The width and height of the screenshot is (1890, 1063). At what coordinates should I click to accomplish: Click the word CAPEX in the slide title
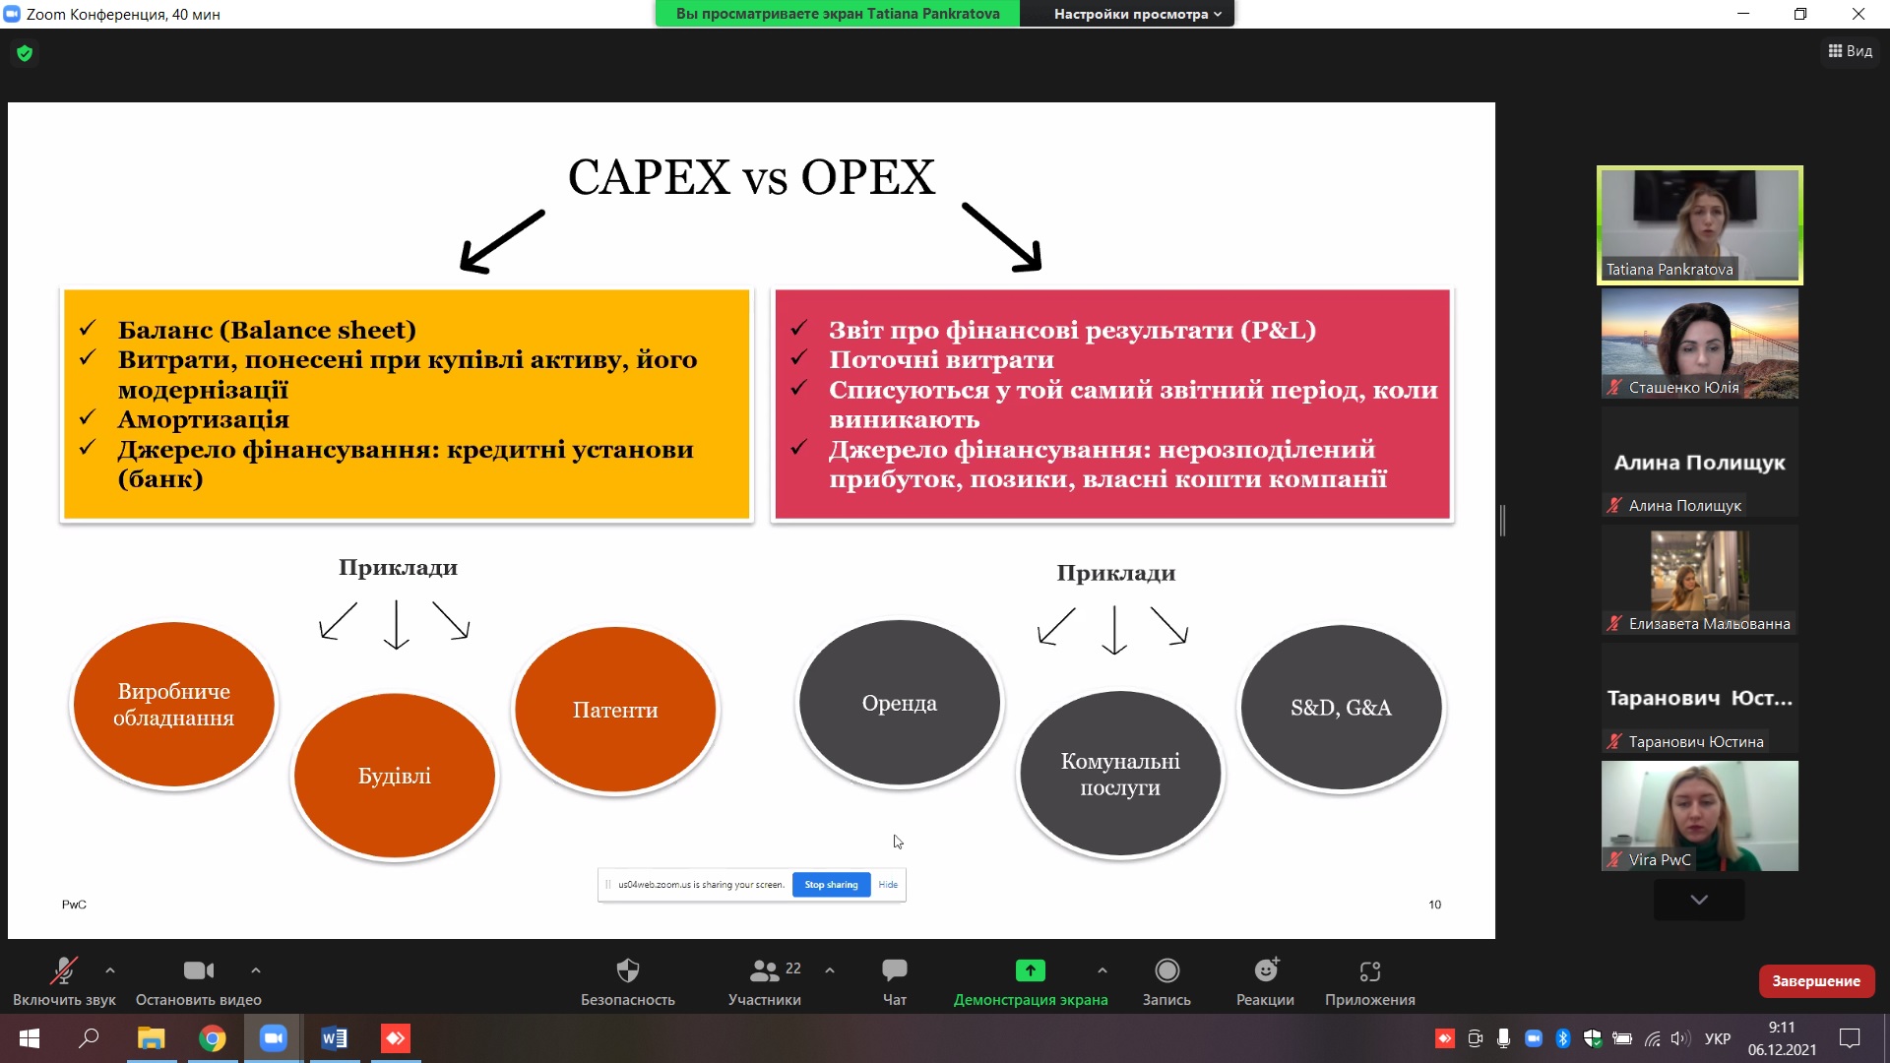pyautogui.click(x=649, y=177)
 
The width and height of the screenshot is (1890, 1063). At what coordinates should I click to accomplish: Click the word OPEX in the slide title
pyautogui.click(x=867, y=177)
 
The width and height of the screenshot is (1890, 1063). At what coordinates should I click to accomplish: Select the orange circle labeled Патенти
pyautogui.click(x=615, y=710)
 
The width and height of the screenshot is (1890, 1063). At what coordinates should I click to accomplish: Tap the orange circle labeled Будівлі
pyautogui.click(x=395, y=776)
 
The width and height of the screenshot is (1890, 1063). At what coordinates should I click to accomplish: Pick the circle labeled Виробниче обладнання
pyautogui.click(x=174, y=705)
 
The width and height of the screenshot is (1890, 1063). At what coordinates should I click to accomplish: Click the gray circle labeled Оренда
pyautogui.click(x=900, y=703)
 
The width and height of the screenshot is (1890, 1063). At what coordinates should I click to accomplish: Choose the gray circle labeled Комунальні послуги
pyautogui.click(x=1120, y=774)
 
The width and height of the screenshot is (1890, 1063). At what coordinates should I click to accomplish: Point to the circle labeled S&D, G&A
pyautogui.click(x=1341, y=708)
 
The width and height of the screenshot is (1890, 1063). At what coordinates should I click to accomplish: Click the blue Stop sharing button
pyautogui.click(x=831, y=885)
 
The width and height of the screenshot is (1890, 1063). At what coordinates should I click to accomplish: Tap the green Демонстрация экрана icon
pyautogui.click(x=1030, y=970)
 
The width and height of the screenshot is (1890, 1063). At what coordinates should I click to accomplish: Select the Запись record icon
pyautogui.click(x=1166, y=970)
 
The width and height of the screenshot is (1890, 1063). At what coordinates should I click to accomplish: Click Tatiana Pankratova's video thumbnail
pyautogui.click(x=1700, y=225)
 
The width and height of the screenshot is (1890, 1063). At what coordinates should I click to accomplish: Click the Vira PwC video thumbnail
pyautogui.click(x=1700, y=816)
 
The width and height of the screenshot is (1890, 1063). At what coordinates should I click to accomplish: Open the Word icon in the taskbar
pyautogui.click(x=335, y=1038)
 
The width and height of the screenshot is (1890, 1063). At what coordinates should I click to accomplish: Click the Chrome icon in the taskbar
pyautogui.click(x=213, y=1038)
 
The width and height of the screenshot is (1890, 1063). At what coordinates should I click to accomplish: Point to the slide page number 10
pyautogui.click(x=1435, y=905)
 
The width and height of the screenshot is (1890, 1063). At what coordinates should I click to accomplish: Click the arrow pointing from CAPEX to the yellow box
pyautogui.click(x=502, y=241)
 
